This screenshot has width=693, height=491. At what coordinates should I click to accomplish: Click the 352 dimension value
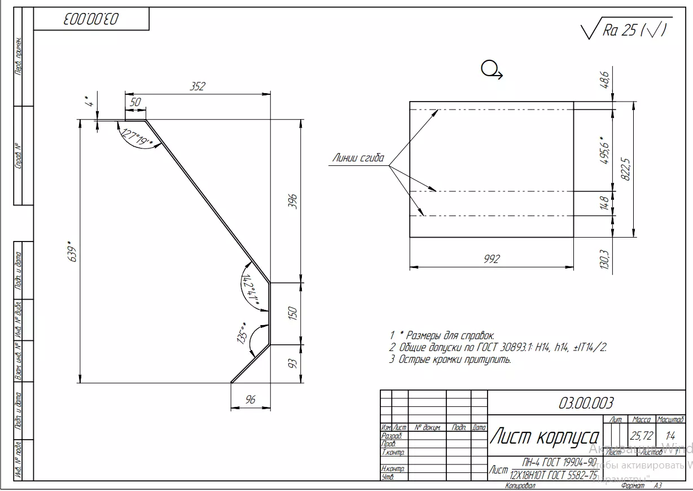pos(198,86)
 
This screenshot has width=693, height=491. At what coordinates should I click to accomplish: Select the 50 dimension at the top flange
pos(135,102)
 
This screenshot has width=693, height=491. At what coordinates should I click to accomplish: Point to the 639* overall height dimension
pos(70,252)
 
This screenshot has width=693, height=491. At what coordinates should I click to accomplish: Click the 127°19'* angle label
pos(137,138)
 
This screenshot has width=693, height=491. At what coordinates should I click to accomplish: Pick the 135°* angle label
pos(243,333)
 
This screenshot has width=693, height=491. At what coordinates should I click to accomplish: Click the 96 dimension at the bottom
pos(251,400)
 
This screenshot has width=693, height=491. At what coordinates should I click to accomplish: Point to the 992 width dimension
pos(492,259)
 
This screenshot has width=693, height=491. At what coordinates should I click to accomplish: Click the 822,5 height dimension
pos(625,169)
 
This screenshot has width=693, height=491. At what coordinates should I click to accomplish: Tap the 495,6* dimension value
pos(604,150)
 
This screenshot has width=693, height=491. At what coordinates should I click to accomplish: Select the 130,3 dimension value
pos(604,260)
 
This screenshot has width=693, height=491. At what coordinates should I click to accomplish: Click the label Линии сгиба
pos(358,158)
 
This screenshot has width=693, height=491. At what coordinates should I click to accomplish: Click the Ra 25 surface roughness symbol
pos(625,30)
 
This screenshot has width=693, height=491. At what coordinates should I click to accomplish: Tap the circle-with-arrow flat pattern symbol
pos(491,70)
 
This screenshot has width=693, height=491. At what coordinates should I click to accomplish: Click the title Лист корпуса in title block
pos(545,436)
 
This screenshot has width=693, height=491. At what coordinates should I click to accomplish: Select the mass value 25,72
pos(642,436)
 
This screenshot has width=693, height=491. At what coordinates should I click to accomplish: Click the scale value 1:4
pos(670,436)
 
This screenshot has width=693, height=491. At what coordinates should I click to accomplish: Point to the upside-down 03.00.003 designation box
pos(91,19)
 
